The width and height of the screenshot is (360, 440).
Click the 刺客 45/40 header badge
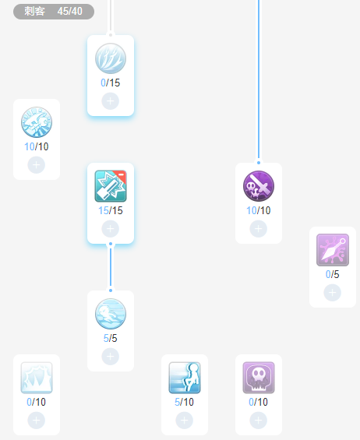click(54, 12)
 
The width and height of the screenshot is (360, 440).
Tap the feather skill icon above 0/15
click(111, 58)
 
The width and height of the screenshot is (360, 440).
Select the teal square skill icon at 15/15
click(111, 186)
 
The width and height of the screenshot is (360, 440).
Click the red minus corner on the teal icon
click(121, 175)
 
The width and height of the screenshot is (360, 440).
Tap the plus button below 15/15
click(111, 229)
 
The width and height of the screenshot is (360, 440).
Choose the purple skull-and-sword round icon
click(259, 186)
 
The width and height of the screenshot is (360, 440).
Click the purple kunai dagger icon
click(333, 250)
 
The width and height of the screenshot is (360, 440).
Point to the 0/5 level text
click(333, 274)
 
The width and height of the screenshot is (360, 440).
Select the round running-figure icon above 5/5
click(111, 314)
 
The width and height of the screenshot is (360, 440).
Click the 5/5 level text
click(111, 338)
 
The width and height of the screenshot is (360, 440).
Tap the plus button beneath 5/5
click(111, 357)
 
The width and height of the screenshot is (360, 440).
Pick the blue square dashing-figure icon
click(185, 378)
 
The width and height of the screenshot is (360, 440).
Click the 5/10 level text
click(184, 402)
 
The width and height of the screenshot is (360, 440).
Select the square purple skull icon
click(259, 378)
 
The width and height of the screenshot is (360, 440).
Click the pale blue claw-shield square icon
click(37, 378)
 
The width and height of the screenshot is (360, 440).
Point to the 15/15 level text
click(111, 210)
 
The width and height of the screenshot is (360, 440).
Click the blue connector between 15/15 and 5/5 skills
click(111, 267)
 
